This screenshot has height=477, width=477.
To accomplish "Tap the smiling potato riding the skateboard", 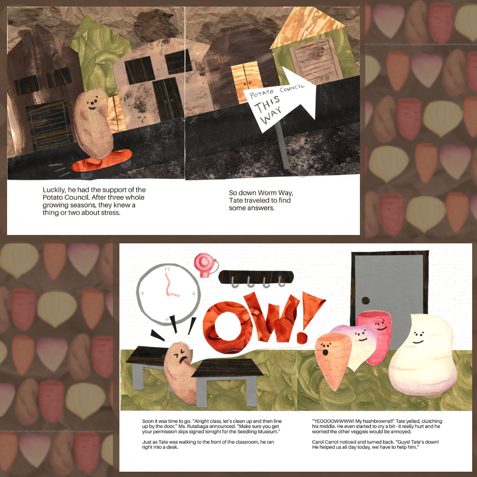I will (94, 124).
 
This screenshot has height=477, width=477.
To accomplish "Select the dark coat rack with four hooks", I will (256, 276).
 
